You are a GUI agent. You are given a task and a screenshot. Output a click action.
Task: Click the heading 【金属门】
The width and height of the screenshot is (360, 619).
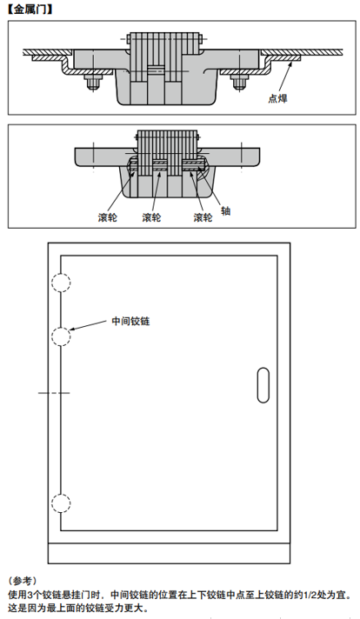pos(30,10)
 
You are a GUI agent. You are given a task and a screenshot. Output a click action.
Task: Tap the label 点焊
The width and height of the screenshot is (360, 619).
pos(278,98)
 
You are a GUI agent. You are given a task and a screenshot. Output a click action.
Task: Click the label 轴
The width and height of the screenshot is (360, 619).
pos(225,210)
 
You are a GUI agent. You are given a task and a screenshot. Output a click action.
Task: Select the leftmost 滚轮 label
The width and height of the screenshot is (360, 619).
pos(107,217)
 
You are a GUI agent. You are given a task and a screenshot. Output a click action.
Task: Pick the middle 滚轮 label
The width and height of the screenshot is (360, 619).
pos(151,217)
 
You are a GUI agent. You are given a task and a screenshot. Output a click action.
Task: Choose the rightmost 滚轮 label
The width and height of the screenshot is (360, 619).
pos(203,217)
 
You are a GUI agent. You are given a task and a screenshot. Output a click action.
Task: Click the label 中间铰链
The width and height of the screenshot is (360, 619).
pos(130,321)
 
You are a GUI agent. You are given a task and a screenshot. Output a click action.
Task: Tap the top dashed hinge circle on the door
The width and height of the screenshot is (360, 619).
pos(61,273)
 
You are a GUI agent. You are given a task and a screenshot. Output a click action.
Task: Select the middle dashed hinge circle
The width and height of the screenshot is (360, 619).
pos(61,327)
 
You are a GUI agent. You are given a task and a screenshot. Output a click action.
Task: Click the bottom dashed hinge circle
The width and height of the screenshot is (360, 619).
pos(61,494)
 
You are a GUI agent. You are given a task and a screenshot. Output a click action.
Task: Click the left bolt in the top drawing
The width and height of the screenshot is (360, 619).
pos(93,82)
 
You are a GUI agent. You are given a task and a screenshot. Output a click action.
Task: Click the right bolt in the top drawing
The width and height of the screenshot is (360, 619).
pos(238,82)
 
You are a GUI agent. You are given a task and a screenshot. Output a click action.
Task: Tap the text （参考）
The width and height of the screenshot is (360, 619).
pos(22,581)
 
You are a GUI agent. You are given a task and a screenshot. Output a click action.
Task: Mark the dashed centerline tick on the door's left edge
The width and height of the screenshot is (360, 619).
pos(54,393)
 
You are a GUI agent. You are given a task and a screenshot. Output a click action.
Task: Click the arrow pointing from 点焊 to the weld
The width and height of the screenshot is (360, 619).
pos(286,77)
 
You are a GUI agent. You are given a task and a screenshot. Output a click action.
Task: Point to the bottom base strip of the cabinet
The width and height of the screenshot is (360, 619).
pos(169,554)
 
